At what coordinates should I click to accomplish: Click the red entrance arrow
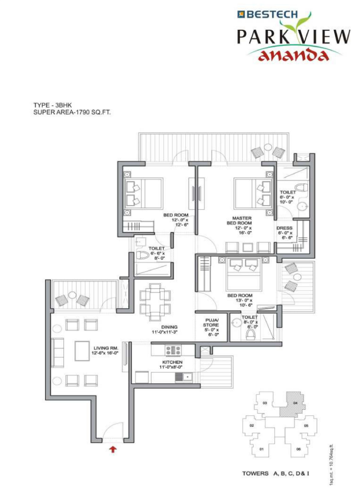[x=112, y=449]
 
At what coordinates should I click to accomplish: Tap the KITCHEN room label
[x=172, y=362]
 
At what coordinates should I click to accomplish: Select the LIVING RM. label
[x=106, y=348]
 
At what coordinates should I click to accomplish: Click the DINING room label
[x=169, y=327]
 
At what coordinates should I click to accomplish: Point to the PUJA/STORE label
[x=211, y=322]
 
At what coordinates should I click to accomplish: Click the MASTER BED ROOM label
[x=242, y=220]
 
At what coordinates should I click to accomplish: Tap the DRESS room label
[x=284, y=228]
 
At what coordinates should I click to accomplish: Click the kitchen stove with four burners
[x=173, y=350]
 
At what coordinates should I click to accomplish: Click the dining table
[x=155, y=302]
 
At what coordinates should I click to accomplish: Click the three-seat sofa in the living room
[x=57, y=353]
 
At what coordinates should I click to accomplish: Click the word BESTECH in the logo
[x=272, y=14]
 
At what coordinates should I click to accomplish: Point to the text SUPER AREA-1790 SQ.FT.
[x=72, y=112]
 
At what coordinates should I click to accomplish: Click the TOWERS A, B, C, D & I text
[x=276, y=473]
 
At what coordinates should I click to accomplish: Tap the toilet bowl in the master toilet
[x=302, y=187]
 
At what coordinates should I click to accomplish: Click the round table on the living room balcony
[x=72, y=295]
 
